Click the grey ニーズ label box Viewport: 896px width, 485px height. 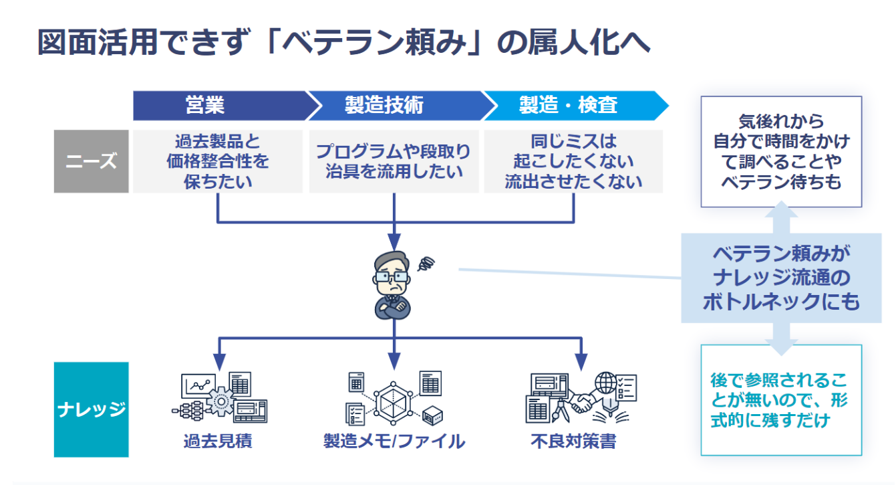[x=91, y=161]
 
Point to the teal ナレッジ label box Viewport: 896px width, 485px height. [x=91, y=409]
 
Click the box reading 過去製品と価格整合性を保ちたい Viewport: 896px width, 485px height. [x=218, y=161]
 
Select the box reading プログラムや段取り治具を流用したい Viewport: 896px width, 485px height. [x=394, y=161]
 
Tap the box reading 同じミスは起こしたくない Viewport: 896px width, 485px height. [x=573, y=161]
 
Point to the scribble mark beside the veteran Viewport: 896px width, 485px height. [x=426, y=264]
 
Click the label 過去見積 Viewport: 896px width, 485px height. [x=218, y=442]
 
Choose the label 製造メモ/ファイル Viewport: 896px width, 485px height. [x=394, y=442]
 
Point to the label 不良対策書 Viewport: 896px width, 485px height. [x=573, y=442]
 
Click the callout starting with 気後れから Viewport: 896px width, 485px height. [x=780, y=151]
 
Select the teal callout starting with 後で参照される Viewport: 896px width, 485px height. [x=780, y=400]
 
